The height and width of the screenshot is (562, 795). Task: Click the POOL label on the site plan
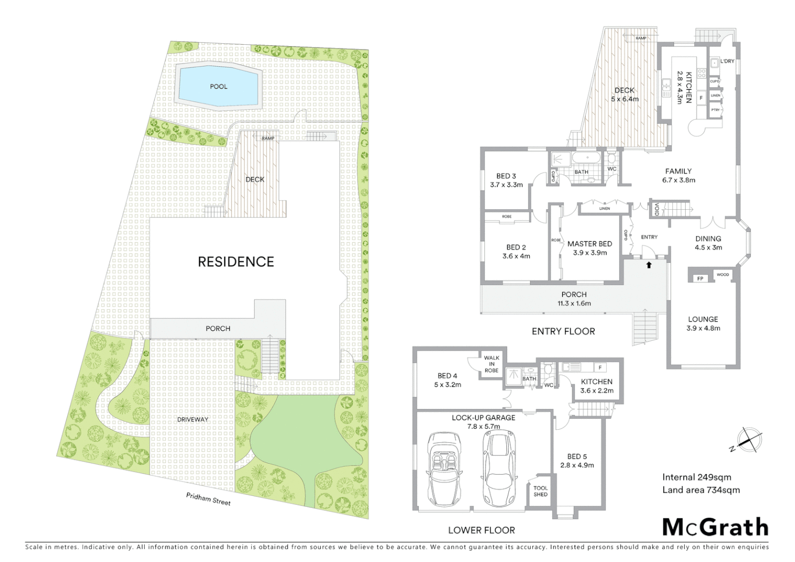tap(219, 86)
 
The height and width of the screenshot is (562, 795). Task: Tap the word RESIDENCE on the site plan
tap(236, 261)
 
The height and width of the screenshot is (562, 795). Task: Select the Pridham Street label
tap(208, 499)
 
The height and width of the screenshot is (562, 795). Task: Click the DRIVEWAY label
tap(193, 419)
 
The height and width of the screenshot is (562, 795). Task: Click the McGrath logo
tap(715, 527)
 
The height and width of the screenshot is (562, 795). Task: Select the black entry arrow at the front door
tap(649, 265)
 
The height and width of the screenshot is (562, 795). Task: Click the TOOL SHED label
tap(541, 491)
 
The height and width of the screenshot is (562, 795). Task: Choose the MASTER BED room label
tap(589, 244)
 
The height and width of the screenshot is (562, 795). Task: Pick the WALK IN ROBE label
tap(492, 364)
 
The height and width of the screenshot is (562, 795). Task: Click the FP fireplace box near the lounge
tap(700, 278)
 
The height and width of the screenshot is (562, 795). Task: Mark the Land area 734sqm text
tap(701, 490)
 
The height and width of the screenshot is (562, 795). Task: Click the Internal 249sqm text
tap(697, 477)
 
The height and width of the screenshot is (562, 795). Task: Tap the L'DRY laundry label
tap(727, 61)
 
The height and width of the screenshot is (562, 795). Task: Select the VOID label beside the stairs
tap(657, 209)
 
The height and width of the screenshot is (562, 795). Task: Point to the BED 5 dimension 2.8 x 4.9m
tap(577, 465)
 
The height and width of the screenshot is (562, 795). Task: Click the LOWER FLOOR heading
tap(481, 530)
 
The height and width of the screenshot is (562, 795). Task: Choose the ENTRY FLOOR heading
tap(563, 331)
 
